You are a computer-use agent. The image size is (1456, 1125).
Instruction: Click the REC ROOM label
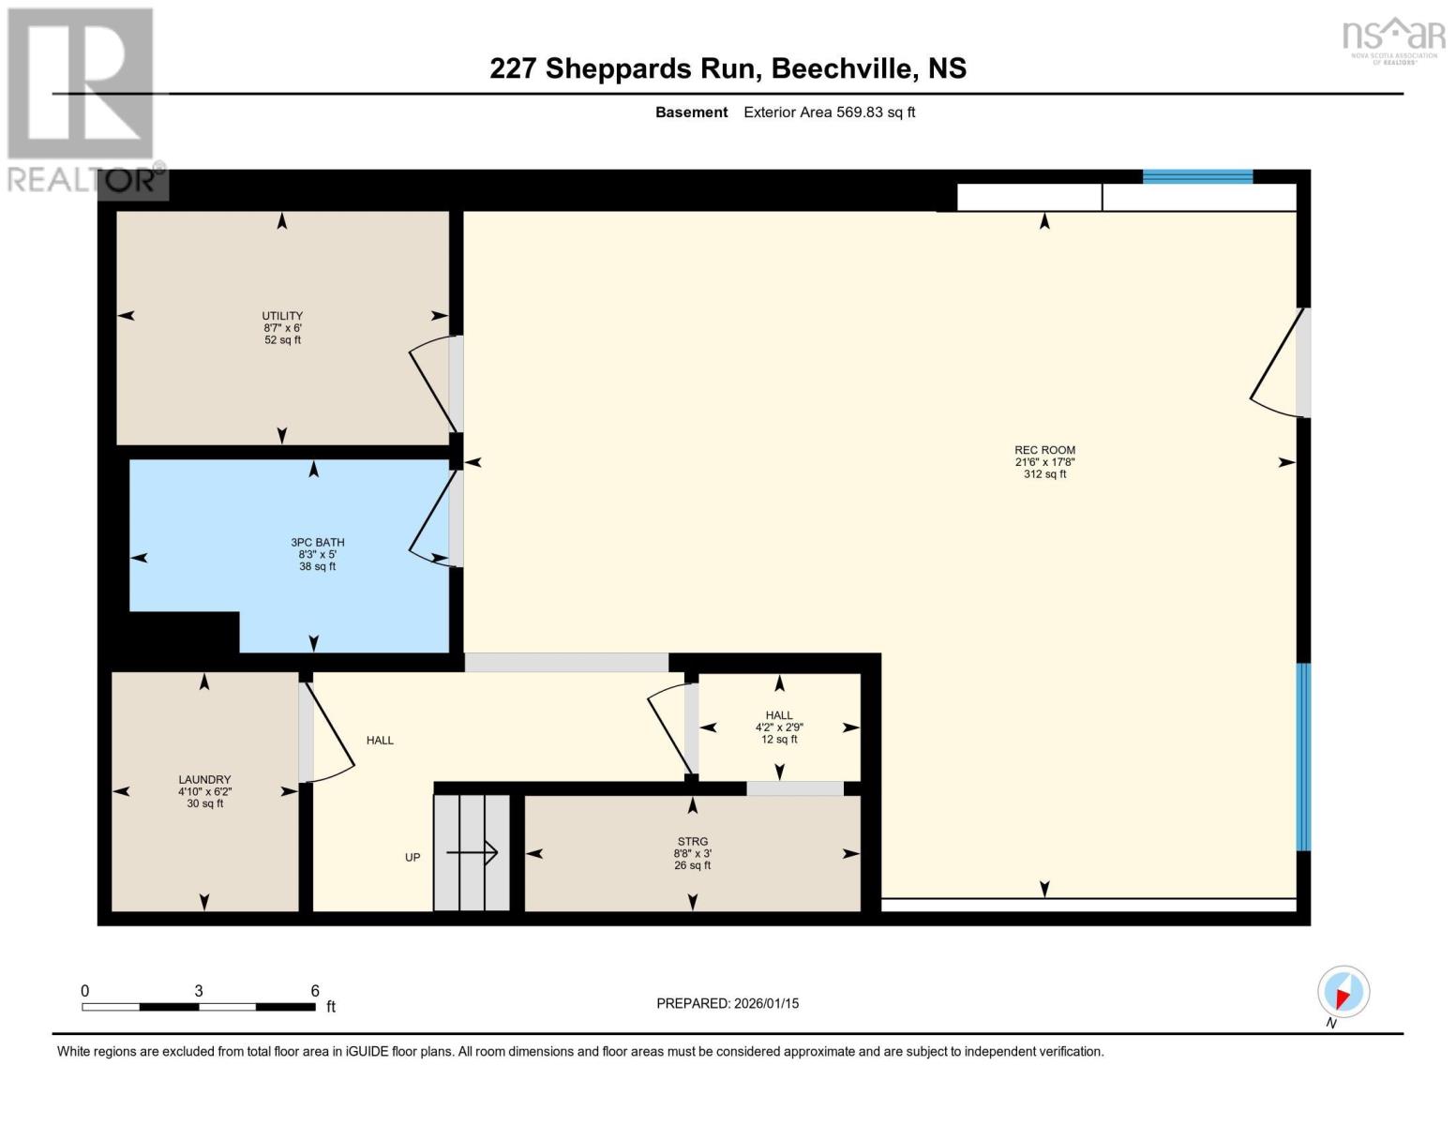[1044, 450]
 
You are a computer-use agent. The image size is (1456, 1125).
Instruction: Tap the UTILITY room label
[282, 316]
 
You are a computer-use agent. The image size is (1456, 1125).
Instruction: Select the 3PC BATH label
[317, 542]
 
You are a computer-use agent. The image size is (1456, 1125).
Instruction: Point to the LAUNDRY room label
[204, 779]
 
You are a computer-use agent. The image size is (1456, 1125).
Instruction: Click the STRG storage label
[693, 842]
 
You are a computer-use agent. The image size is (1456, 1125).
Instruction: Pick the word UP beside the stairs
[413, 857]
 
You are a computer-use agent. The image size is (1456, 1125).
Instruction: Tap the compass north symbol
[1343, 992]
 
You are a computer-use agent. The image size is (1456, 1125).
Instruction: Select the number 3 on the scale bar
[199, 991]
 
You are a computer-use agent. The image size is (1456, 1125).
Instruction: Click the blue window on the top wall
[1197, 176]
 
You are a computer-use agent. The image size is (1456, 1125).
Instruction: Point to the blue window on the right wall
[1303, 756]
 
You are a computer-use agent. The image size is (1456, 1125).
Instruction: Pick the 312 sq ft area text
[1044, 474]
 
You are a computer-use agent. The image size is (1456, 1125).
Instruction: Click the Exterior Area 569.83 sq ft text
[829, 112]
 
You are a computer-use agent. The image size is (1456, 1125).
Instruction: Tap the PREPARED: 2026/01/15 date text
[728, 1003]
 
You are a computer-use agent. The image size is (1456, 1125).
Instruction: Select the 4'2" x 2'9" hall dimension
[779, 727]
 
